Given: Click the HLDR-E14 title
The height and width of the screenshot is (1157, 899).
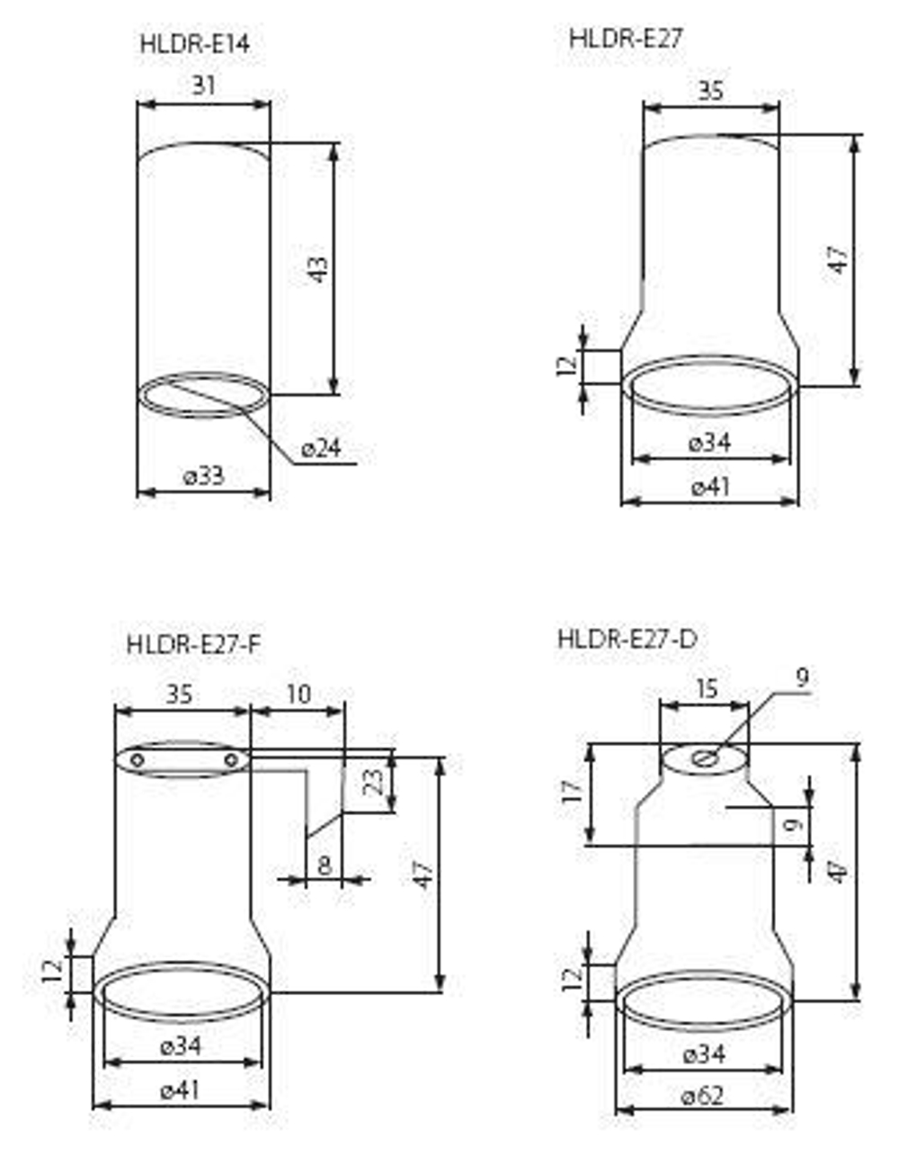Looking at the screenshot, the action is point(195,44).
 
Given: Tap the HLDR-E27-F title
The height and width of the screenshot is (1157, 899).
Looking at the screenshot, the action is point(194,645).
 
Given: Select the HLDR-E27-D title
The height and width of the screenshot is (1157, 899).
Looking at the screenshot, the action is point(627,639).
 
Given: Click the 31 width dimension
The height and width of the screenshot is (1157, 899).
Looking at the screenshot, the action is point(204,85).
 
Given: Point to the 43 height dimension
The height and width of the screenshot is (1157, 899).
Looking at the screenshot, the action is point(318,269).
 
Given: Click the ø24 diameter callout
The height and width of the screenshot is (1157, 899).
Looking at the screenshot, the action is point(321,448).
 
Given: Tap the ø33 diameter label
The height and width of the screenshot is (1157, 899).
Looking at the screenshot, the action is point(204,475).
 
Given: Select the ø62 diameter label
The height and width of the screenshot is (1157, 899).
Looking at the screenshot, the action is point(702,1096).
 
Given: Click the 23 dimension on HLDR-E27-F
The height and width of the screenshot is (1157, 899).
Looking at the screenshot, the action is point(375,782).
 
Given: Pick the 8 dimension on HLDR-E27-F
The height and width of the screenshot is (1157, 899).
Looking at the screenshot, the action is point(325,866).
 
